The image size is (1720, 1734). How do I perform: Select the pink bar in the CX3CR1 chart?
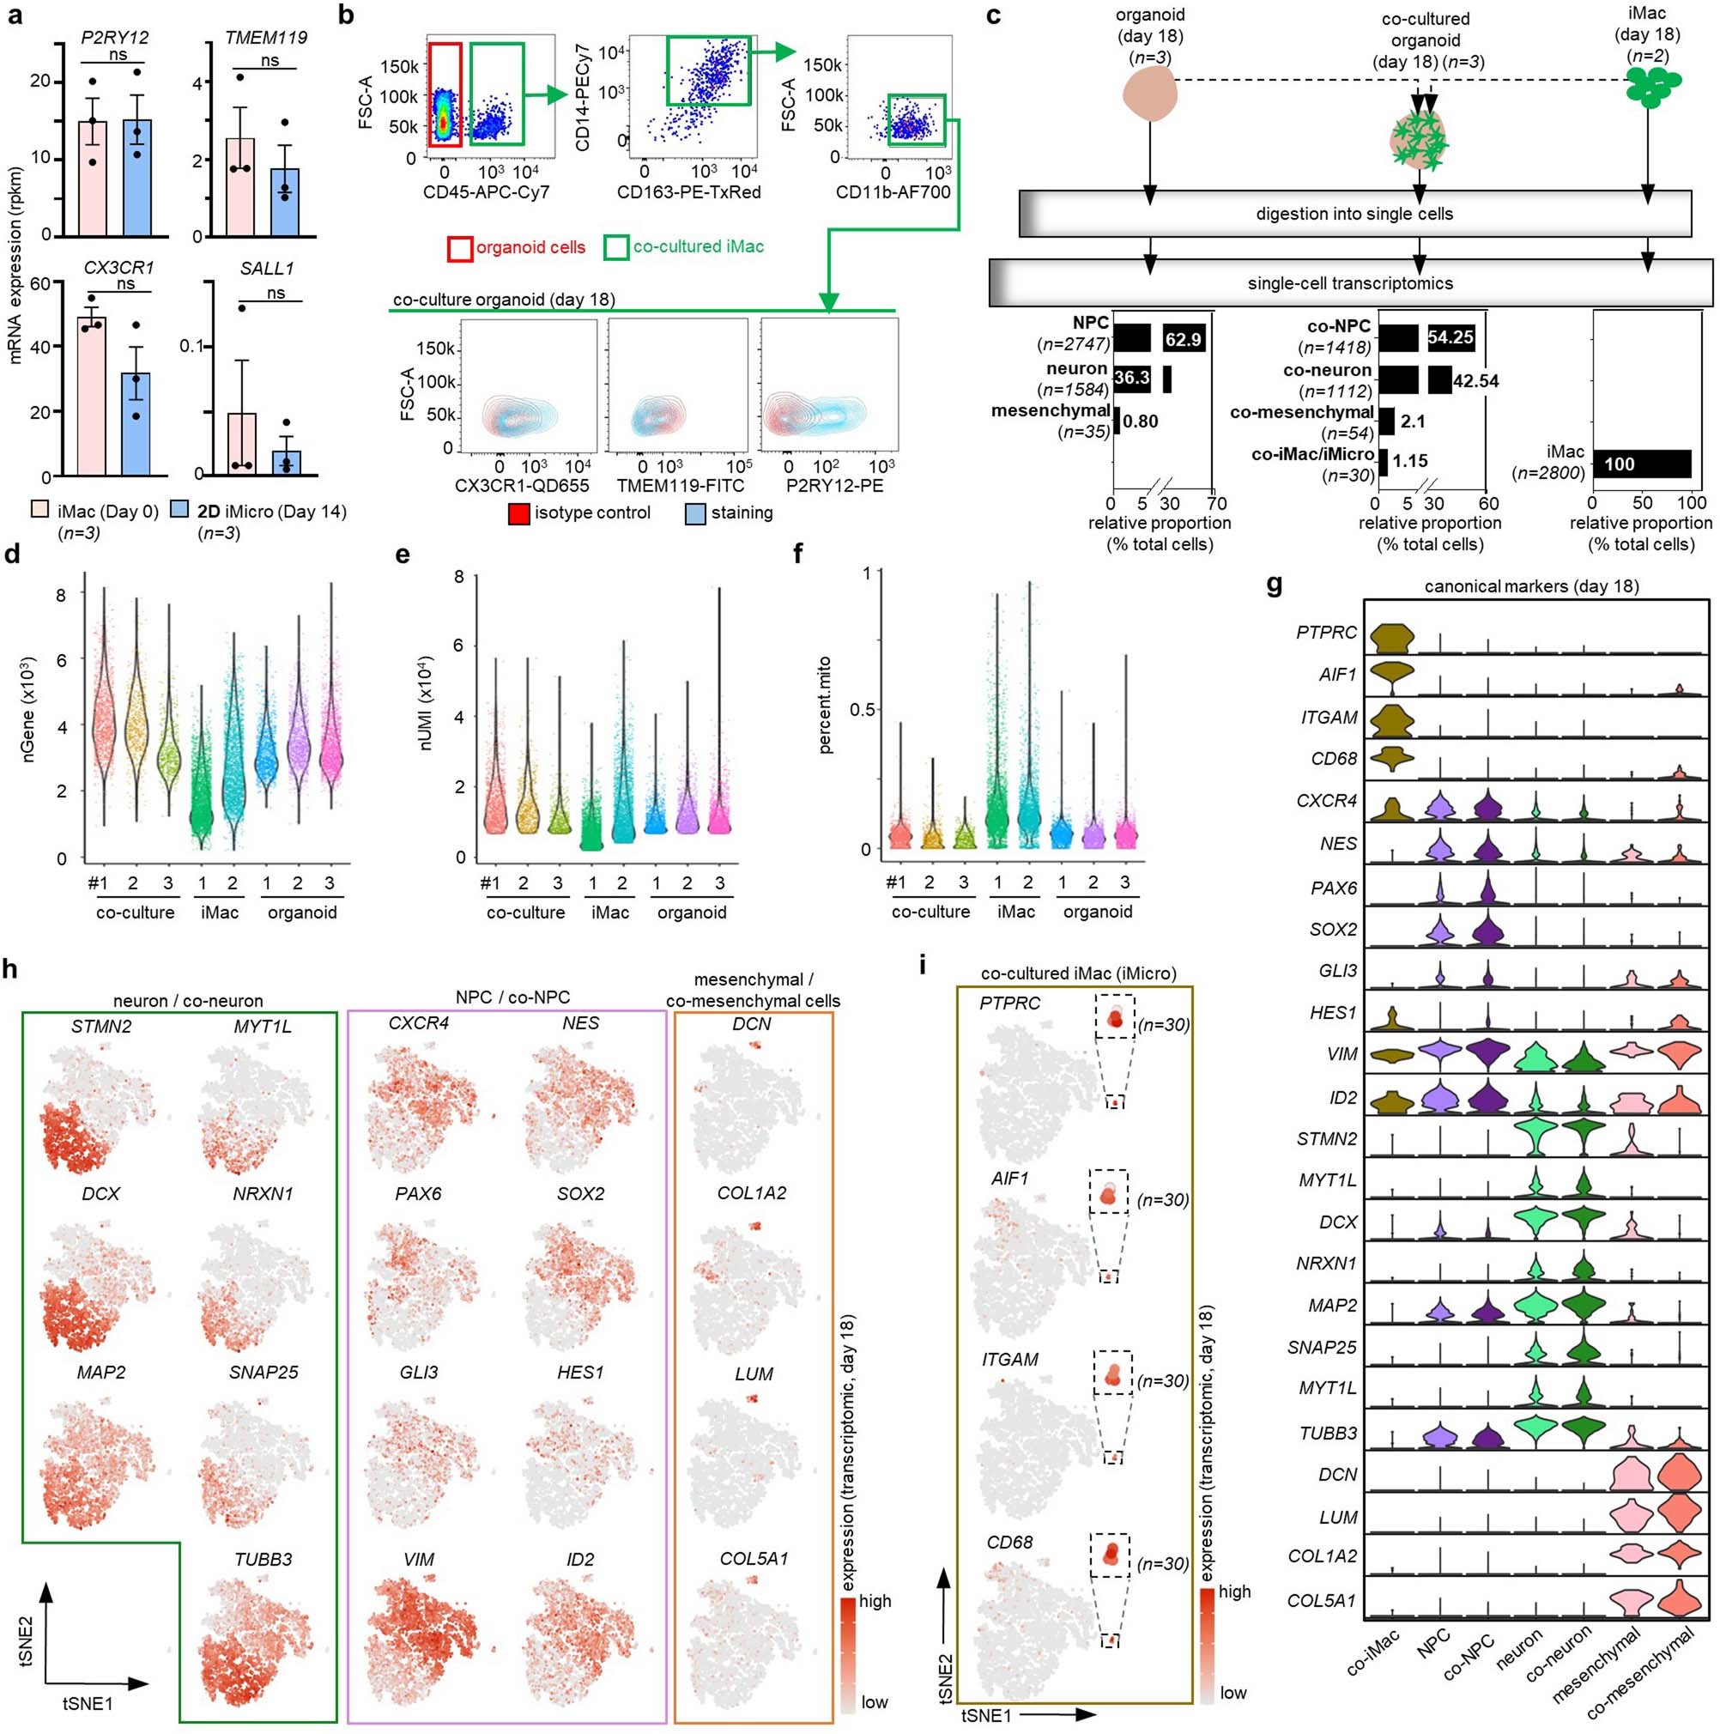[93, 395]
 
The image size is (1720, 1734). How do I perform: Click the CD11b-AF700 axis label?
[893, 192]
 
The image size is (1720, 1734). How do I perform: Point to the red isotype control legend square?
[518, 514]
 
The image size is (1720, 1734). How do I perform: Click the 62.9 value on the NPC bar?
[1183, 339]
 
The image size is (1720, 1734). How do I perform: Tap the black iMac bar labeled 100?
[1641, 464]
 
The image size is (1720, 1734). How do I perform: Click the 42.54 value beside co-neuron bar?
[1476, 381]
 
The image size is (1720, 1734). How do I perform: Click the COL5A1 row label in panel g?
[1322, 1599]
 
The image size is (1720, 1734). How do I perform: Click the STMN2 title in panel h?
[100, 1026]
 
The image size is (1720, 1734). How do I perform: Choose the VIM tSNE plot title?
[418, 1559]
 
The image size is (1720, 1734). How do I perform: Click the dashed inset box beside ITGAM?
[1112, 1373]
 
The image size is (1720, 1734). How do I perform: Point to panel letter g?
[1273, 587]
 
